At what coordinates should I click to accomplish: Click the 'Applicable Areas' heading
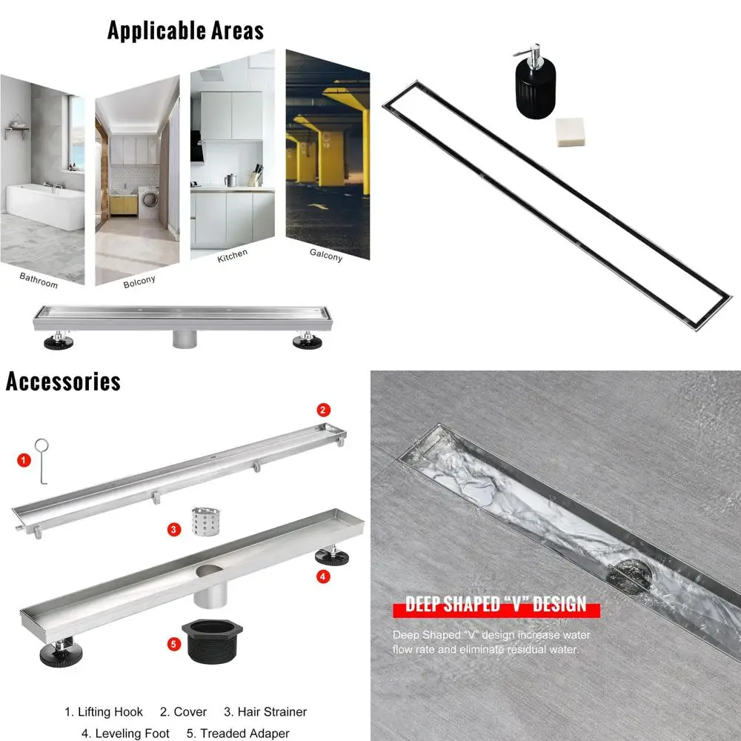click(185, 30)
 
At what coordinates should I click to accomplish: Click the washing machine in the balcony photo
click(148, 201)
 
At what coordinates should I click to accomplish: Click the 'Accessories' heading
click(63, 382)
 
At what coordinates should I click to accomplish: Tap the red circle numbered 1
click(24, 460)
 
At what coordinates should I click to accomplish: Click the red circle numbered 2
click(323, 409)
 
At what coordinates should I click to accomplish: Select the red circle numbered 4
click(323, 576)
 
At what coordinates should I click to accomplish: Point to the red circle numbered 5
click(174, 644)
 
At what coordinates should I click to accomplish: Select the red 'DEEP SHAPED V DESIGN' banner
click(496, 605)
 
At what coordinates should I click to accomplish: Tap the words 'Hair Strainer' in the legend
click(272, 712)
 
